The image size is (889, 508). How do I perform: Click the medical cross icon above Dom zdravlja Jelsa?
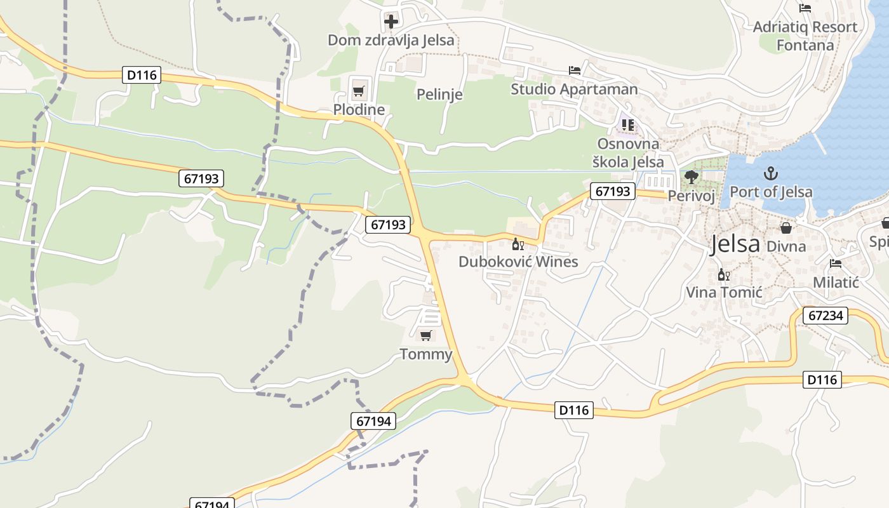coord(391,22)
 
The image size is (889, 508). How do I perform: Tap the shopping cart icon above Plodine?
coord(359,91)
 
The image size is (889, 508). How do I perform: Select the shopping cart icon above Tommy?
coord(426,335)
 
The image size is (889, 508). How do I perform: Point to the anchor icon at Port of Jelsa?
coord(771,173)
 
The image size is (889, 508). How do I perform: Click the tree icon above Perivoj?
coord(691,177)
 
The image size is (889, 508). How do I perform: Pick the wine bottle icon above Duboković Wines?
coord(518,244)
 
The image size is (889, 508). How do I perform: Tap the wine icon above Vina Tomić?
coord(723,275)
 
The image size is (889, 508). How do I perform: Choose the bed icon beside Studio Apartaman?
coord(575,70)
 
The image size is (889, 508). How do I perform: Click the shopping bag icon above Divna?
coord(786,228)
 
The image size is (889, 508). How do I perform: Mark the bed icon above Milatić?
coord(836,264)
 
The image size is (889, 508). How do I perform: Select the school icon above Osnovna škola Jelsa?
coord(628,124)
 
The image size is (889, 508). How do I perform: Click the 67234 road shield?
coord(825,316)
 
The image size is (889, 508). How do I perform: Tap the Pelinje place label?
coord(439,95)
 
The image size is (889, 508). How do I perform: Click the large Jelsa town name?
coord(735,244)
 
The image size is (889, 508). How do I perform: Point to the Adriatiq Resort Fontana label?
coord(805,36)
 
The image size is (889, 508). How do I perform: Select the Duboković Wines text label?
coord(518,262)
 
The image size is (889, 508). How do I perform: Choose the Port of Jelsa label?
coord(771,192)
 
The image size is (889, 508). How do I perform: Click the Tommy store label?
coord(425,354)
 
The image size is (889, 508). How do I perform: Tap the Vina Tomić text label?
coord(724,293)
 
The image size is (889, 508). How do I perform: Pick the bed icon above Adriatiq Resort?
coord(805,8)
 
